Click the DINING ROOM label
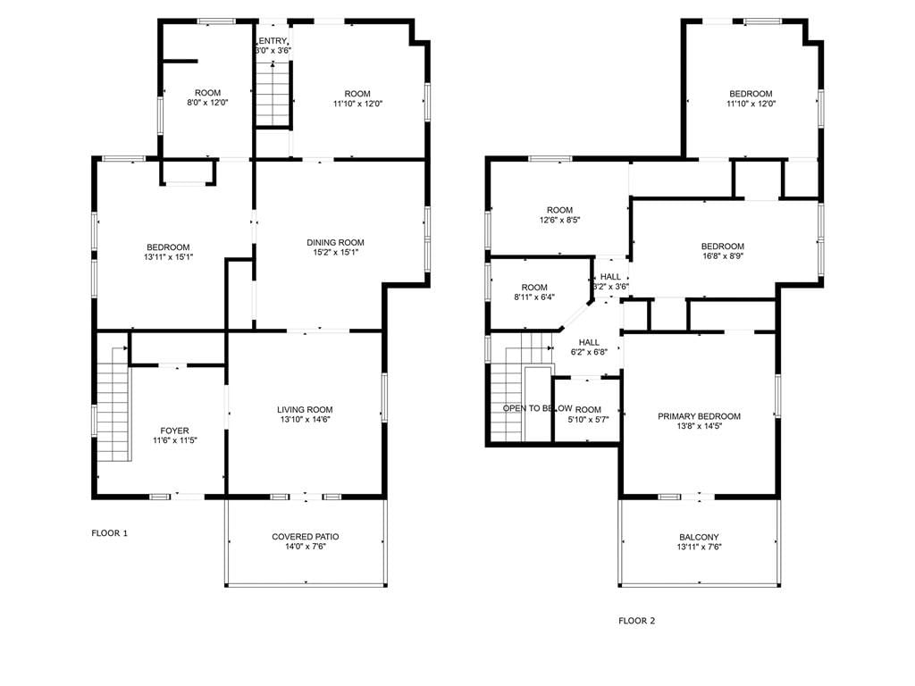[336, 242]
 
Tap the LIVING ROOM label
[305, 409]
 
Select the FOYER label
[174, 431]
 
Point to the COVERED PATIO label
[306, 537]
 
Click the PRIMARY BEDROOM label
[699, 416]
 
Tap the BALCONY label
[699, 537]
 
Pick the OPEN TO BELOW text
[537, 408]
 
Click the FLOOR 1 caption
[110, 533]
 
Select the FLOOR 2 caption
[636, 621]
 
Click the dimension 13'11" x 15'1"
[168, 256]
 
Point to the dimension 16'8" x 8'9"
[722, 255]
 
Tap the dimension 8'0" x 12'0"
[207, 102]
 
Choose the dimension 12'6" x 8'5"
[559, 220]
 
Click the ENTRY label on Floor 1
[273, 41]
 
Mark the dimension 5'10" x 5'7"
[588, 420]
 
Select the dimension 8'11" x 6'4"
[534, 297]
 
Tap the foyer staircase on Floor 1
[113, 404]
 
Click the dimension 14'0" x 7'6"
[306, 547]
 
